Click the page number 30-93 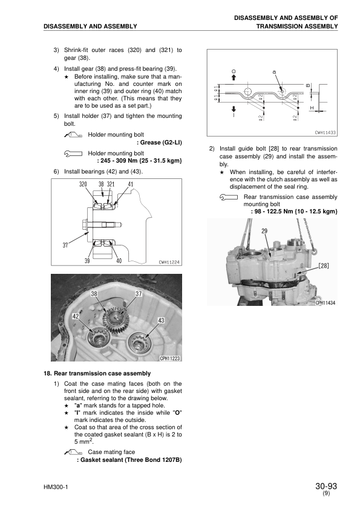click(x=326, y=486)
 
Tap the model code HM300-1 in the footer click(x=56, y=487)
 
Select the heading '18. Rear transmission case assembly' click(x=97, y=374)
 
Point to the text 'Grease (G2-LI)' click(x=161, y=143)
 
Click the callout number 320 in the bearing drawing click(x=83, y=184)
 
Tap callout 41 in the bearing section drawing click(x=130, y=184)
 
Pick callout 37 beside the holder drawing click(x=65, y=245)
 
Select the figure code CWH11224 click(x=169, y=262)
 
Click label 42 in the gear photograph click(x=76, y=316)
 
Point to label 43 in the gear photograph click(x=161, y=320)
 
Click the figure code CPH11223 click(x=170, y=358)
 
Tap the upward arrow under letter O click(x=234, y=77)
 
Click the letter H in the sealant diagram click(x=312, y=108)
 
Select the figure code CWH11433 click(x=326, y=133)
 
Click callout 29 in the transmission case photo click(x=264, y=231)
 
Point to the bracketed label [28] click(x=323, y=265)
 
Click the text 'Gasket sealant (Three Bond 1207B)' click(x=131, y=460)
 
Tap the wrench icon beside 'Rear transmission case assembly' click(x=229, y=197)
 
